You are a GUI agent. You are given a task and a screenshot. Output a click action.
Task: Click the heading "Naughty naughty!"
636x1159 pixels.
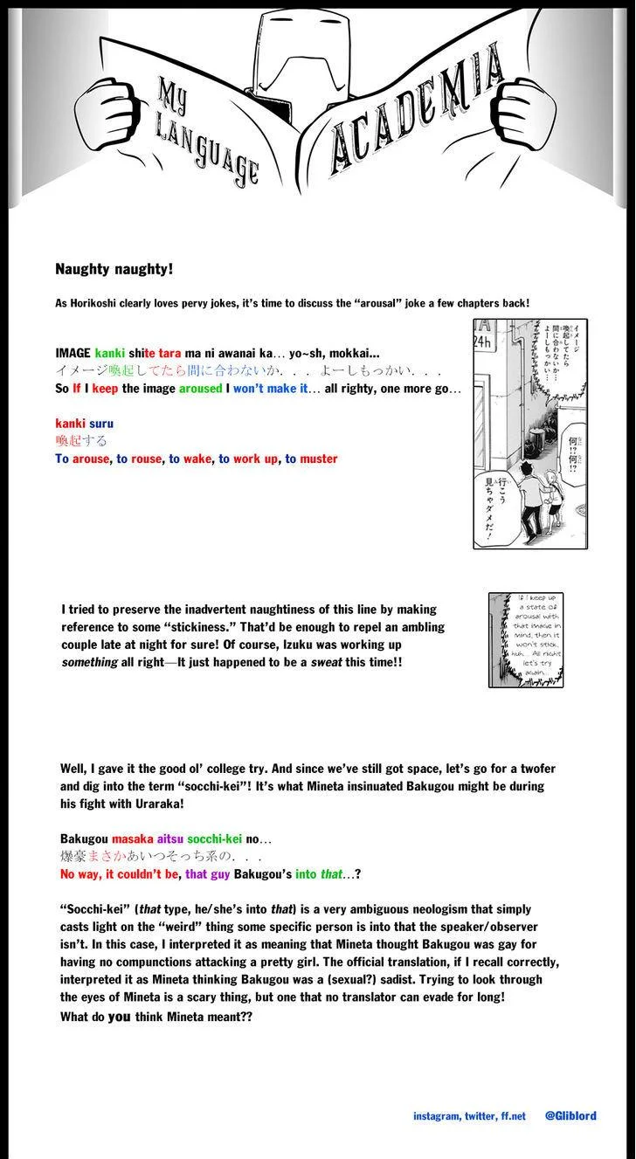coord(114,269)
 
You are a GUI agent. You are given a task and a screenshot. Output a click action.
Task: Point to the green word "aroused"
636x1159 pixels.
coord(200,389)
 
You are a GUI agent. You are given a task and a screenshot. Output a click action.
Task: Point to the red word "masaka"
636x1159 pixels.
coord(132,838)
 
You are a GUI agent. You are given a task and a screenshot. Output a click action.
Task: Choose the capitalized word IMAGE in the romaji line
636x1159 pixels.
coord(73,354)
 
